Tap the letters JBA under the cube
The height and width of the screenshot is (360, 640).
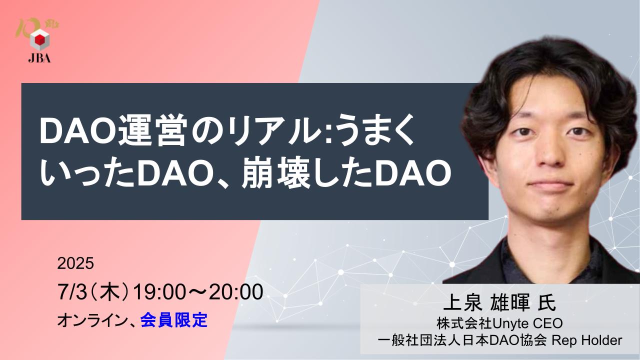click(x=39, y=58)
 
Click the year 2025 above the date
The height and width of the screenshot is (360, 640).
click(x=75, y=263)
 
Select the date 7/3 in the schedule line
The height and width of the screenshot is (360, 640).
click(x=72, y=292)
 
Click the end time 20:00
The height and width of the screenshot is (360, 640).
click(x=236, y=292)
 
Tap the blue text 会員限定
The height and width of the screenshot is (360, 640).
click(x=174, y=320)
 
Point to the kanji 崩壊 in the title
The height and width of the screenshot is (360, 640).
click(x=276, y=173)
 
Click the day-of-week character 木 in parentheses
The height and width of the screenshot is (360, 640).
click(x=109, y=292)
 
